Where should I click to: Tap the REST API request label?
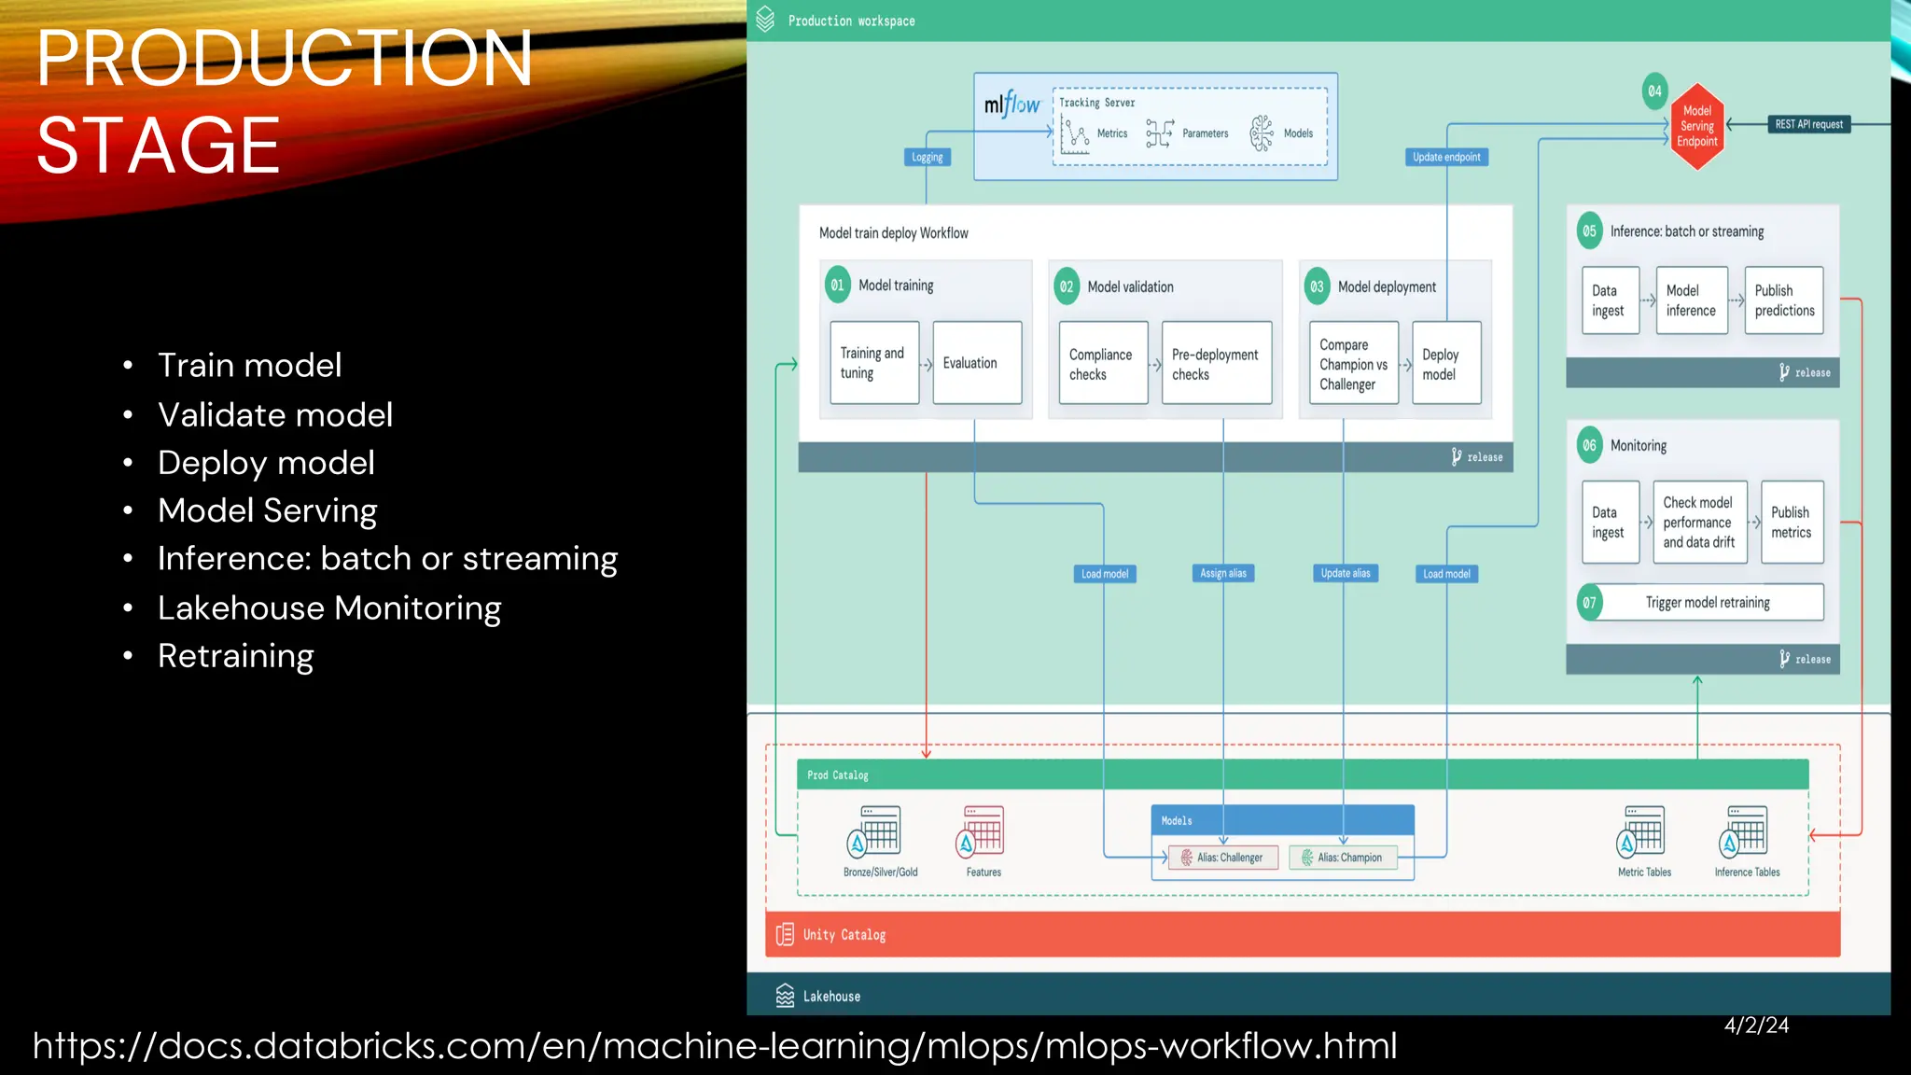click(1808, 124)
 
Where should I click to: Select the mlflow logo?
click(1011, 105)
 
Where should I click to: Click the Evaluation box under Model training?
click(976, 363)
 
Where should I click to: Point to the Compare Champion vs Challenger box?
click(1352, 364)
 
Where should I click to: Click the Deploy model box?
click(1445, 364)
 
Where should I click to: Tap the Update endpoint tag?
click(1445, 157)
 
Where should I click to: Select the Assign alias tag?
click(1222, 573)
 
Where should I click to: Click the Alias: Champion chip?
click(1343, 858)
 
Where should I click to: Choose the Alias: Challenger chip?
click(1222, 858)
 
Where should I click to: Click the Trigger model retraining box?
click(1707, 603)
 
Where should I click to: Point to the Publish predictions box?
click(1783, 300)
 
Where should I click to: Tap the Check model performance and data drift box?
click(1698, 523)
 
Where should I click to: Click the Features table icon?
click(982, 832)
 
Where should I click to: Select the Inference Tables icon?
click(1744, 832)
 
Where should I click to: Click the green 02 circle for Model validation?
click(1067, 286)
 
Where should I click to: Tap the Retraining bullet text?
click(235, 656)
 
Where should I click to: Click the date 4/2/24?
click(1756, 1026)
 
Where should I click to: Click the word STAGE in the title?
click(158, 146)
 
